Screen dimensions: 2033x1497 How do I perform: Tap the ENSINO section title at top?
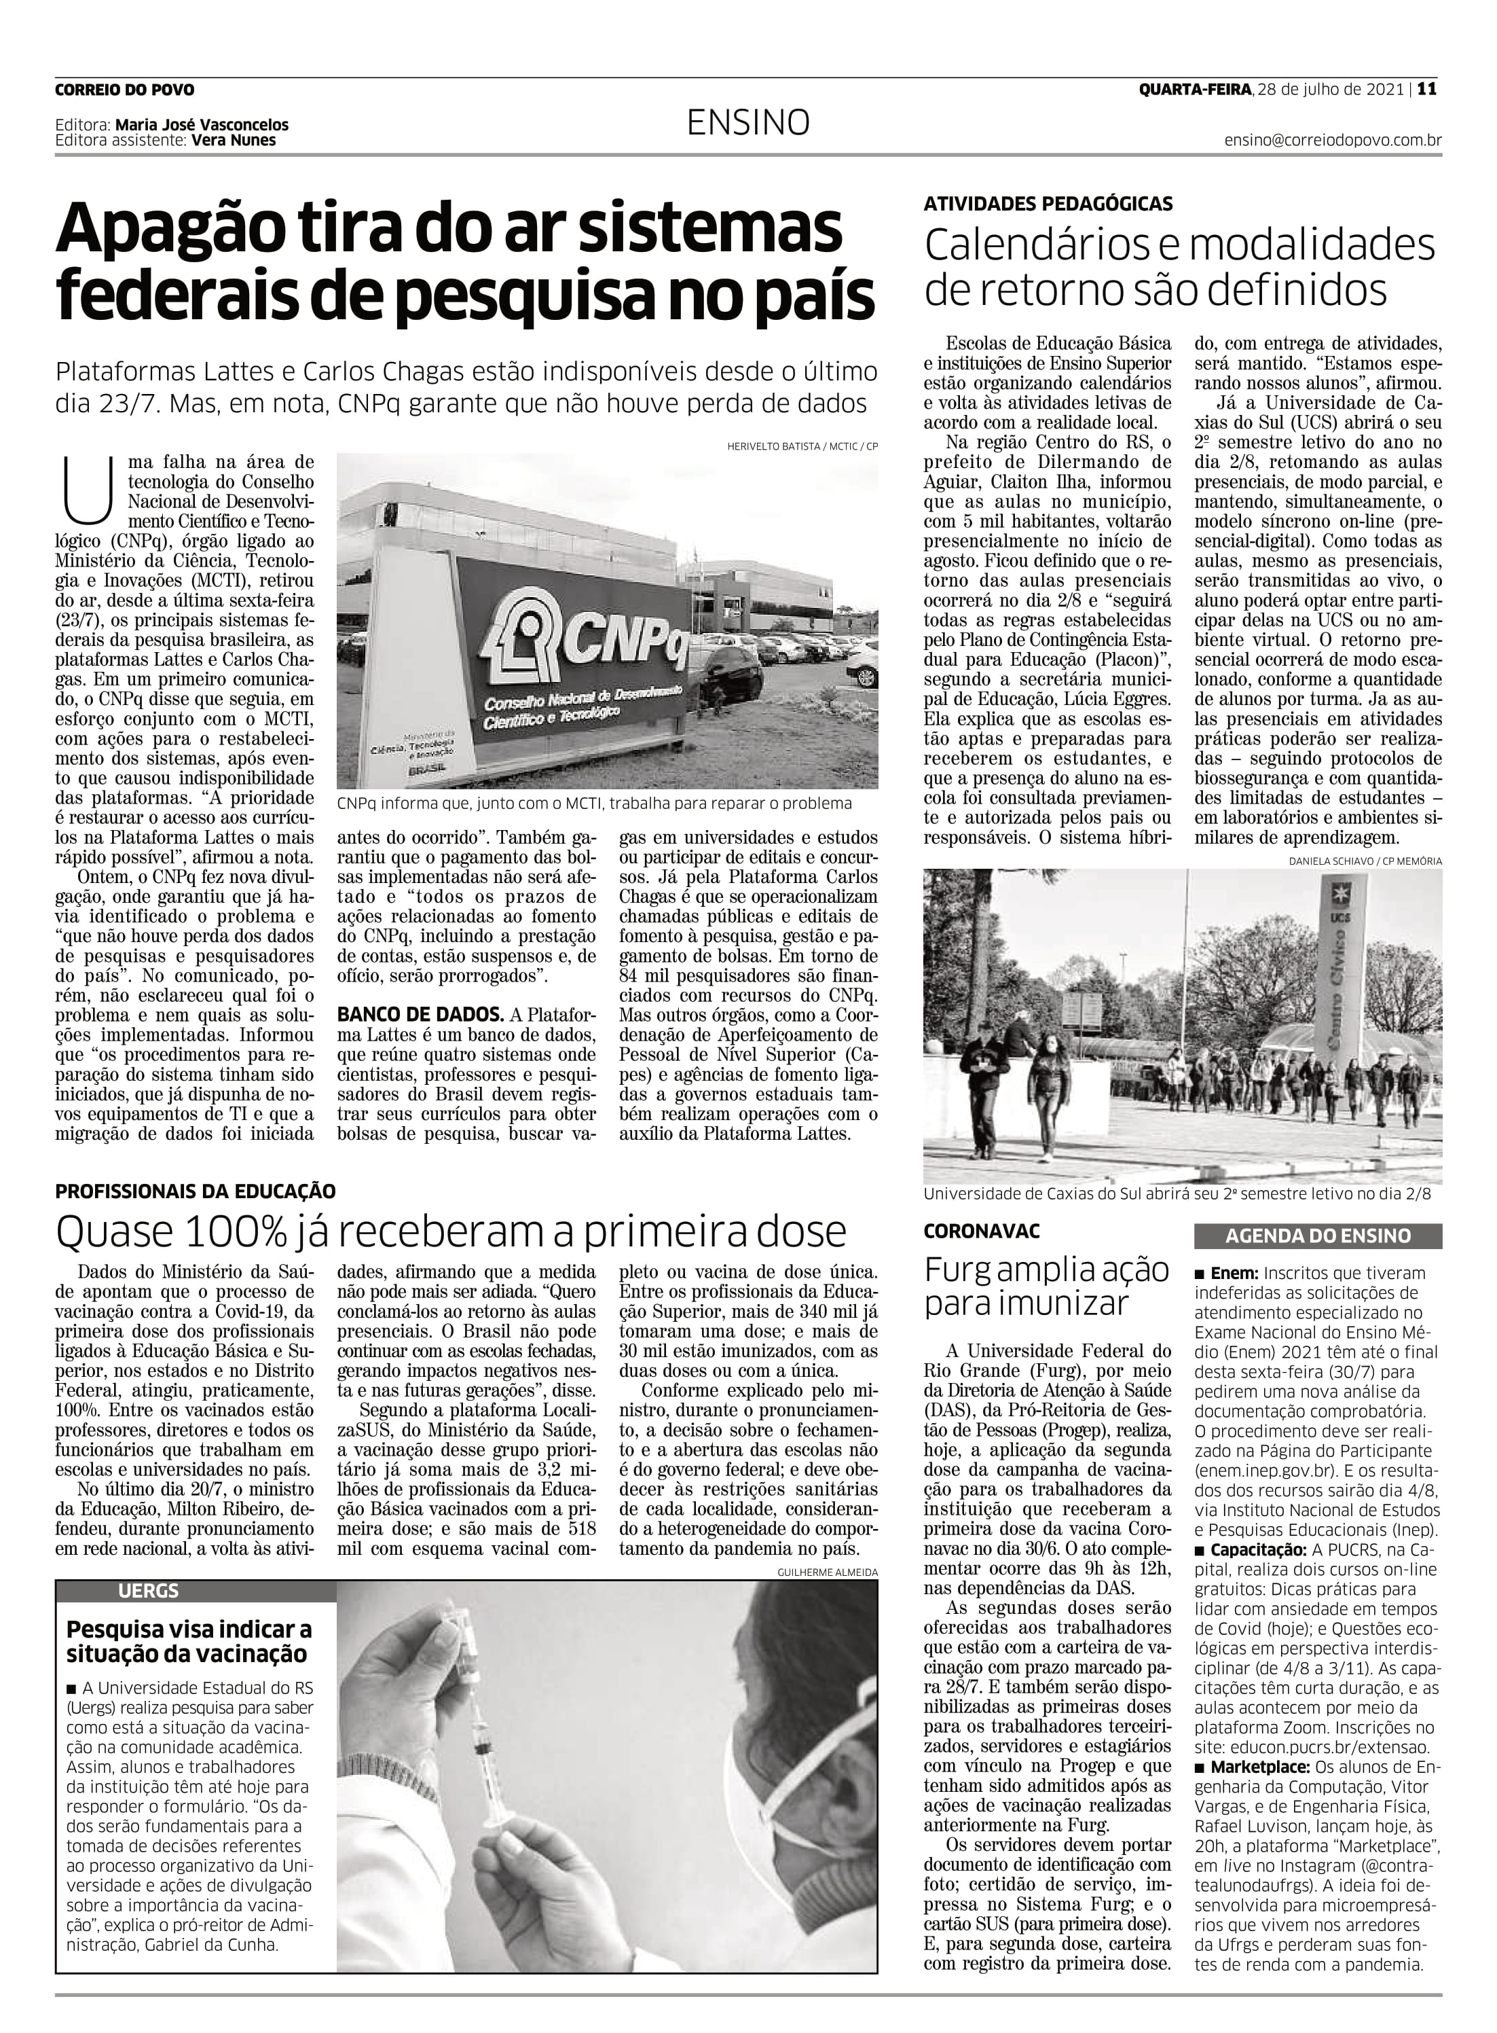(x=747, y=123)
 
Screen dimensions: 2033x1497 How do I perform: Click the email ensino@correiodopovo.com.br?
(x=1332, y=141)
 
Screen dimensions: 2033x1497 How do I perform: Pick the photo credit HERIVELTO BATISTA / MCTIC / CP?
(x=802, y=446)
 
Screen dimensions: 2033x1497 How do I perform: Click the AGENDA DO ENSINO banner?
(x=1318, y=1236)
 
